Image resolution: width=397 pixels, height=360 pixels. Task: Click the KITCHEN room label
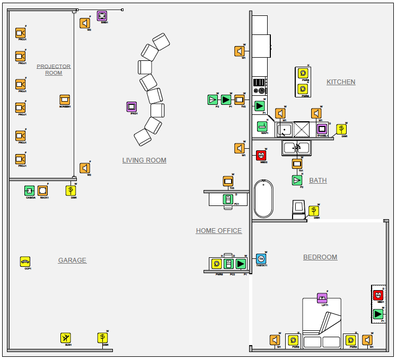[341, 82]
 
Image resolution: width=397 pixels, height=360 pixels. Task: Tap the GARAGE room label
[72, 260]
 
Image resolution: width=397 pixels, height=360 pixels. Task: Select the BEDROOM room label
[320, 257]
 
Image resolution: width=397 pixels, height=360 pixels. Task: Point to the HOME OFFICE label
[218, 231]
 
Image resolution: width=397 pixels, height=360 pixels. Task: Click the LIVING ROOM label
[144, 160]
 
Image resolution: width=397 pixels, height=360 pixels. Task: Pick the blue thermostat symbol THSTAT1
[261, 259]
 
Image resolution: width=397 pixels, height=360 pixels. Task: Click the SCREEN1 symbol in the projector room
[65, 100]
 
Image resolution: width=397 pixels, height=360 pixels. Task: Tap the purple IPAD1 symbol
[132, 107]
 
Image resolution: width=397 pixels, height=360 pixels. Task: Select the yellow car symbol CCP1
[25, 262]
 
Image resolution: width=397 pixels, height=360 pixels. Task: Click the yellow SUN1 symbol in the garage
[66, 338]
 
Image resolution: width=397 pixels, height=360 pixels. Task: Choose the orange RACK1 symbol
[43, 191]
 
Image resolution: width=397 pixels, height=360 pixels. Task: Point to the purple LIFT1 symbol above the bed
[322, 298]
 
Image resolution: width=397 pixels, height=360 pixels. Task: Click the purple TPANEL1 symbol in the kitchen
[322, 129]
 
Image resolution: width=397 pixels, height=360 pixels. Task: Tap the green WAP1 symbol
[262, 127]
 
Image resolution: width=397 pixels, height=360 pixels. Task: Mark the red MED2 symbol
[261, 155]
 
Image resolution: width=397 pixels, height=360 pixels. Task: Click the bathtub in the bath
[263, 199]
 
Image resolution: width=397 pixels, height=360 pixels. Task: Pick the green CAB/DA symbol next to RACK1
[30, 191]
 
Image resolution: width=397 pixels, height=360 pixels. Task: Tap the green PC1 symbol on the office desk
[228, 200]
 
